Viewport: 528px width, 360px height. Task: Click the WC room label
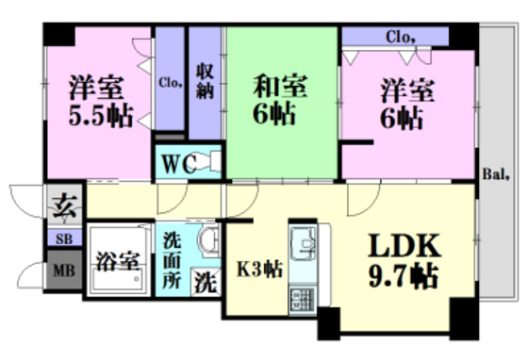click(x=179, y=164)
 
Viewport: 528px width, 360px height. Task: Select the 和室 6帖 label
click(x=279, y=100)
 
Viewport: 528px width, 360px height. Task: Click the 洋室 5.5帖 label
click(x=100, y=101)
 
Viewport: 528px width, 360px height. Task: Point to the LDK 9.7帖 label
click(x=404, y=261)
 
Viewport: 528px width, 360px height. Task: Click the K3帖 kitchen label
click(x=259, y=269)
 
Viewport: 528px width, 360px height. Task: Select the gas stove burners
click(x=303, y=299)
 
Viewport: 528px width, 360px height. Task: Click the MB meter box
click(x=64, y=270)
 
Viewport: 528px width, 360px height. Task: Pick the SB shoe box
click(x=64, y=238)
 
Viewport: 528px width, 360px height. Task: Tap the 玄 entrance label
click(x=64, y=205)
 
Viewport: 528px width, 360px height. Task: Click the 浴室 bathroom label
click(x=118, y=261)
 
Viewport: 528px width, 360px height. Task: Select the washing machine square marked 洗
click(x=206, y=283)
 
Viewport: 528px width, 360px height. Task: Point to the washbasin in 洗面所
click(x=209, y=240)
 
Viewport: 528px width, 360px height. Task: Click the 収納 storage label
click(x=206, y=81)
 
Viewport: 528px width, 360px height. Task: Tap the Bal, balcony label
click(x=496, y=174)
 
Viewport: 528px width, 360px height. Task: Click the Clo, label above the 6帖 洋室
click(x=400, y=37)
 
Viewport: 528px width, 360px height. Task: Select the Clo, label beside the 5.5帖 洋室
click(x=171, y=82)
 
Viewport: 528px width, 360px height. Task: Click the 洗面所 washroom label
click(x=172, y=261)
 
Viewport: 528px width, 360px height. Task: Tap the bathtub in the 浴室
click(x=118, y=278)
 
